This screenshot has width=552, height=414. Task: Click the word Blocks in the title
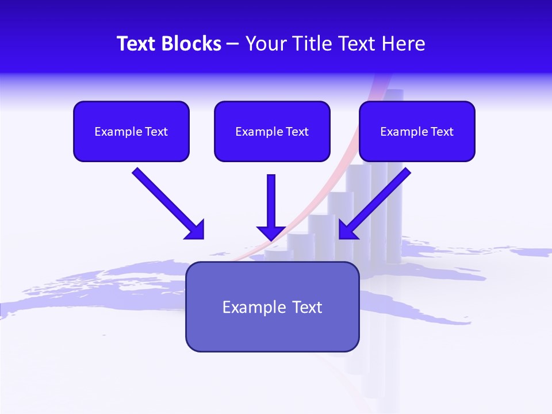(191, 44)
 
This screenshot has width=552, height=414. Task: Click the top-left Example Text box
(131, 131)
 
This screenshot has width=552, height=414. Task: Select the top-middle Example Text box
(272, 131)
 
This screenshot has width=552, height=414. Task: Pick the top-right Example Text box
(417, 131)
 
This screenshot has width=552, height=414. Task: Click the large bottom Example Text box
(272, 306)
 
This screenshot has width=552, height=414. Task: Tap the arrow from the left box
(167, 202)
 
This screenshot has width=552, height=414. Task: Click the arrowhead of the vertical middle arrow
(271, 232)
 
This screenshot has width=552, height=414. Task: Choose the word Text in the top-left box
(156, 132)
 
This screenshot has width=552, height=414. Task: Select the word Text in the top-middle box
(297, 132)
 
